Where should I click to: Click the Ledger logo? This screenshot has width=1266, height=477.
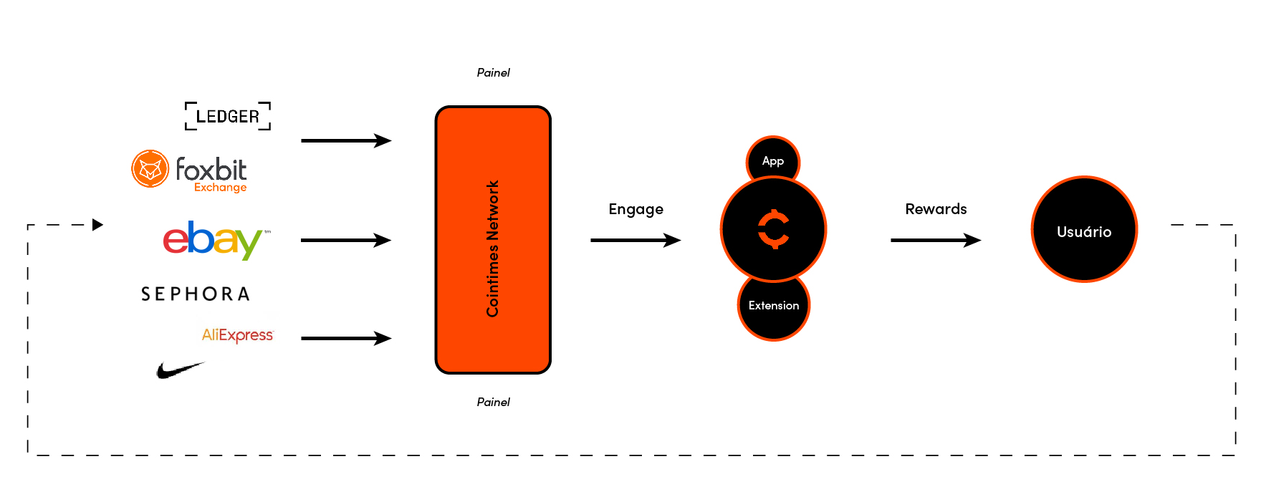coord(228,116)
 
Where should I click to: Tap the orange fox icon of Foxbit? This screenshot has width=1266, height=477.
coord(150,169)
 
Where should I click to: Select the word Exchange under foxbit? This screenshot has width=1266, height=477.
coord(220,188)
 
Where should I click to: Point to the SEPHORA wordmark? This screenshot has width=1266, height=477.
coord(196,294)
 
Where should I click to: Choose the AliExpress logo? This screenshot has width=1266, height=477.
coord(237,335)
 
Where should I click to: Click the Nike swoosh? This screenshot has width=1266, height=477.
coord(179,370)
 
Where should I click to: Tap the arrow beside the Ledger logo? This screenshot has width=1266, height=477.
coord(345,140)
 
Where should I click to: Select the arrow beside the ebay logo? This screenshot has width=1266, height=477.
coord(345,240)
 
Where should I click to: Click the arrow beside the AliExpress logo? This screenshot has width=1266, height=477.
coord(345,338)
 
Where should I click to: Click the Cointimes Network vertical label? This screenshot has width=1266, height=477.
coord(492,249)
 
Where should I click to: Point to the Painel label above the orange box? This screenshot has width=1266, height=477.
coord(493,72)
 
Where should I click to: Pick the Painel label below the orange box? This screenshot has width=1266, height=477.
coord(493,402)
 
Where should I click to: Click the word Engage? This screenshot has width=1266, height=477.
coord(636,209)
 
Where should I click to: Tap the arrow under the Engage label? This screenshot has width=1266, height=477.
coord(635,240)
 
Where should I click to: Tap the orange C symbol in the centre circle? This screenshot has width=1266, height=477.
coord(774,229)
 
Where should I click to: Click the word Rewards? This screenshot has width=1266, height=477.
coord(936,209)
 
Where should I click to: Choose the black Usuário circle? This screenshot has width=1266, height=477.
coord(1084,229)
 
